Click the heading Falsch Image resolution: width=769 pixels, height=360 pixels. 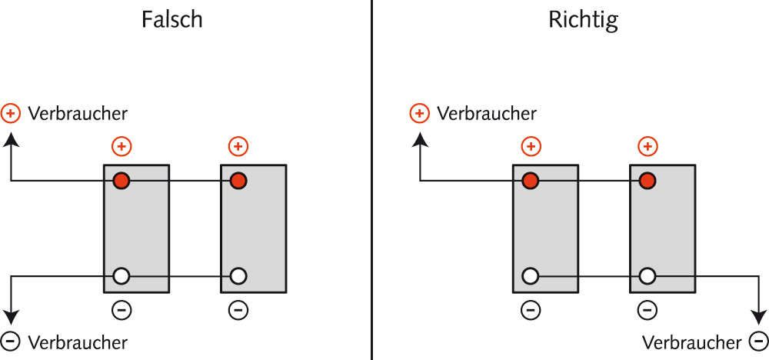click(172, 20)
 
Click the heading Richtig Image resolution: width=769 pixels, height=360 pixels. click(583, 20)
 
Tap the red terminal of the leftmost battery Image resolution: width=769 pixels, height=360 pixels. click(122, 181)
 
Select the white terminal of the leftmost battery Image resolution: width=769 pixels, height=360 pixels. click(122, 275)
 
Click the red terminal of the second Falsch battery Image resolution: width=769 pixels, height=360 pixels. click(238, 181)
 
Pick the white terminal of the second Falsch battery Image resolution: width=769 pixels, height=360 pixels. click(238, 275)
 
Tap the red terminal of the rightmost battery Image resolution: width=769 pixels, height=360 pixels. click(647, 181)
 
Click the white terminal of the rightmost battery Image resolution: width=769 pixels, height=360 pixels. click(647, 275)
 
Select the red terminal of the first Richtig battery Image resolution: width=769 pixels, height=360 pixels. click(530, 181)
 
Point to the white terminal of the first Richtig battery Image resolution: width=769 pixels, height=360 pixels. click(530, 275)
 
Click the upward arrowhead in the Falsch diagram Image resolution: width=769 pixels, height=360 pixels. click(11, 139)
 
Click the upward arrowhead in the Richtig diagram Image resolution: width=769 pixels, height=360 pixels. click(420, 139)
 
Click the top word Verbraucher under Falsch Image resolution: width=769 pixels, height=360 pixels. click(78, 114)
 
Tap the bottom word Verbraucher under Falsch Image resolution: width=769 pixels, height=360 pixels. click(78, 342)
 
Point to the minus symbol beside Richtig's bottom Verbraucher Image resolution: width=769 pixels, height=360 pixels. click(757, 341)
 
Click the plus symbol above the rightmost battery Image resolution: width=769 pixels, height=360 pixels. click(648, 146)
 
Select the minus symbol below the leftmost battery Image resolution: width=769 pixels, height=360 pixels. click(122, 310)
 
